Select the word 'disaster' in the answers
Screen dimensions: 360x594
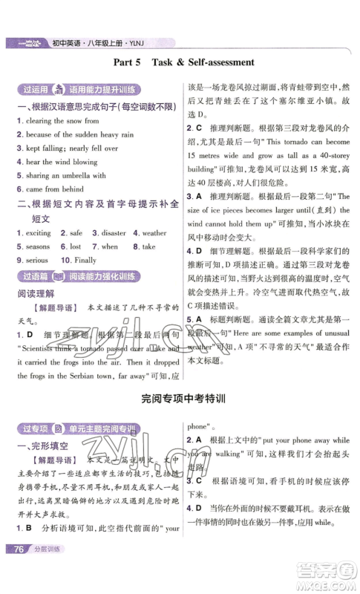click(116, 233)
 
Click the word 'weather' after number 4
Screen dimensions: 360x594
click(155, 233)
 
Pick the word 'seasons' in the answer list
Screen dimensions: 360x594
click(38, 247)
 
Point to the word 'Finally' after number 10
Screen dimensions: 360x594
click(84, 261)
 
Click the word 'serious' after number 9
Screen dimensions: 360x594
click(37, 261)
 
